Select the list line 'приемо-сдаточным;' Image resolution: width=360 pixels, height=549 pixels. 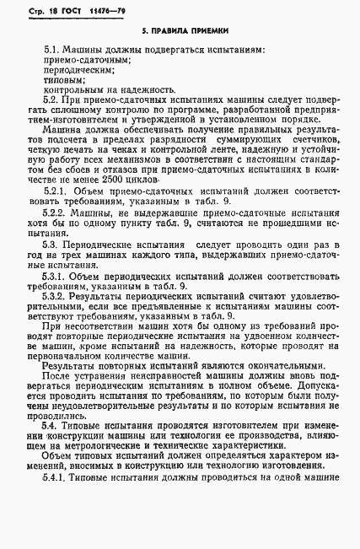click(x=86, y=60)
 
